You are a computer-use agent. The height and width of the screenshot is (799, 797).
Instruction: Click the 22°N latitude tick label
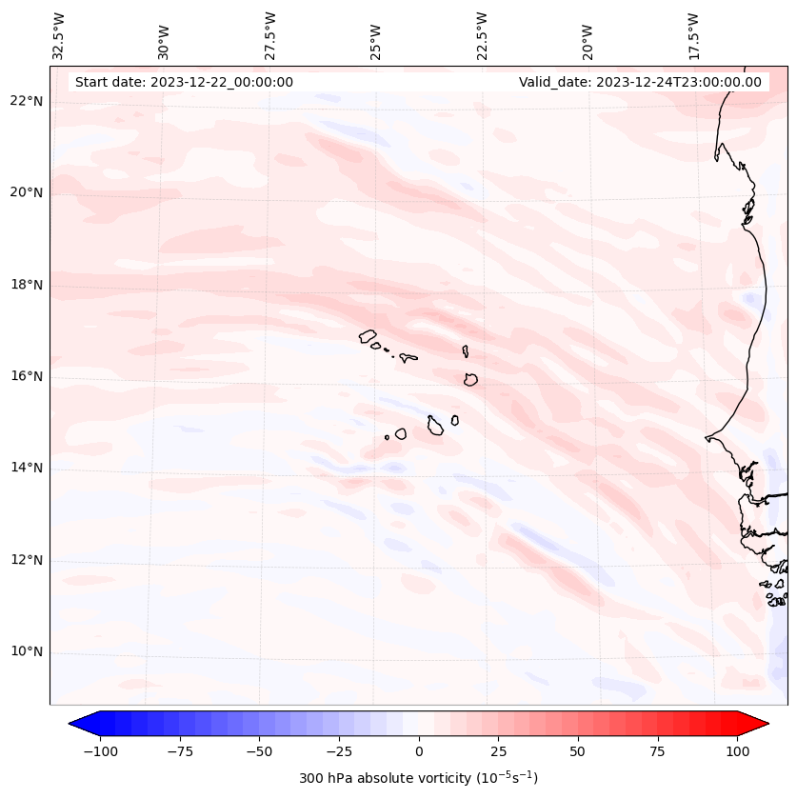pyautogui.click(x=27, y=101)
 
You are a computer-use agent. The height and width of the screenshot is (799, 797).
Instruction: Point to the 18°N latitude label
pyautogui.click(x=27, y=285)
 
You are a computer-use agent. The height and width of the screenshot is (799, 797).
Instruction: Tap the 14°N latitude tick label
pyautogui.click(x=27, y=468)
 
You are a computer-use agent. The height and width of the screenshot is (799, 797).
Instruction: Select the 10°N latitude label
pyautogui.click(x=27, y=652)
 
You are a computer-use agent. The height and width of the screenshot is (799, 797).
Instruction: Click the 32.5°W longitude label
pyautogui.click(x=59, y=36)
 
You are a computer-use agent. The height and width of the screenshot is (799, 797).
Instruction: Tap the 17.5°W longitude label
pyautogui.click(x=693, y=36)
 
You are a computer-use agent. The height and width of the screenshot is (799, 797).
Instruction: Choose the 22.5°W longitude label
pyautogui.click(x=482, y=36)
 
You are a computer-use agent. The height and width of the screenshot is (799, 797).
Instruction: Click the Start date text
pyautogui.click(x=184, y=82)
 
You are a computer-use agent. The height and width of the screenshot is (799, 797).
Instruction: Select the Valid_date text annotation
pyautogui.click(x=640, y=82)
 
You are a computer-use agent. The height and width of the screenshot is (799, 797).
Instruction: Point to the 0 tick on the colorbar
pyautogui.click(x=419, y=751)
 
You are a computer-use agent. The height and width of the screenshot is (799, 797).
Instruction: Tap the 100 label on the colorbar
pyautogui.click(x=737, y=751)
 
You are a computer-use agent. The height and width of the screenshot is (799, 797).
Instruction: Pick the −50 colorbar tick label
pyautogui.click(x=259, y=751)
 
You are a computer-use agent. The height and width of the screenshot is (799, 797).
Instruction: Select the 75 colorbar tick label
pyautogui.click(x=657, y=751)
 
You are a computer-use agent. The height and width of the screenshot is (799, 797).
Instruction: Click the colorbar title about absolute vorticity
pyautogui.click(x=418, y=778)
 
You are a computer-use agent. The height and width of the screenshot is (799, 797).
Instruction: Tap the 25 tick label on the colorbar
pyautogui.click(x=498, y=751)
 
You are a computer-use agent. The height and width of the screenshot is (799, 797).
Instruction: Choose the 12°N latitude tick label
pyautogui.click(x=27, y=560)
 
